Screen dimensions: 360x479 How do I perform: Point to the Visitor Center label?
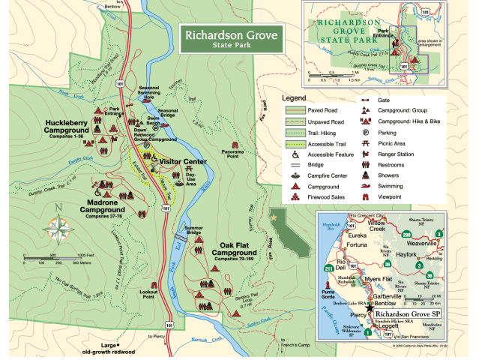tap(183, 160)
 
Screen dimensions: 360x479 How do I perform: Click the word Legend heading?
tap(295, 98)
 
